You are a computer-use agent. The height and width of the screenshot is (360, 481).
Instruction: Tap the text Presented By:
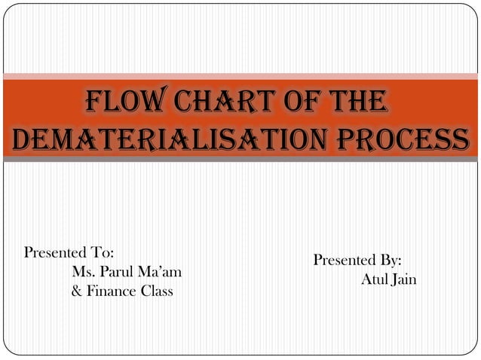[357, 261]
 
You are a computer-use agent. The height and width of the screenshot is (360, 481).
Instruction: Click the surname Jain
[405, 280]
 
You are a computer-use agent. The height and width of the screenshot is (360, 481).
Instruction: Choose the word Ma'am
[162, 271]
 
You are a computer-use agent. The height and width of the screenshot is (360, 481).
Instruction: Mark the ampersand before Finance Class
[76, 291]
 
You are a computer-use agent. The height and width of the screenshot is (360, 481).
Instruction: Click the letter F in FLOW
[96, 102]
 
